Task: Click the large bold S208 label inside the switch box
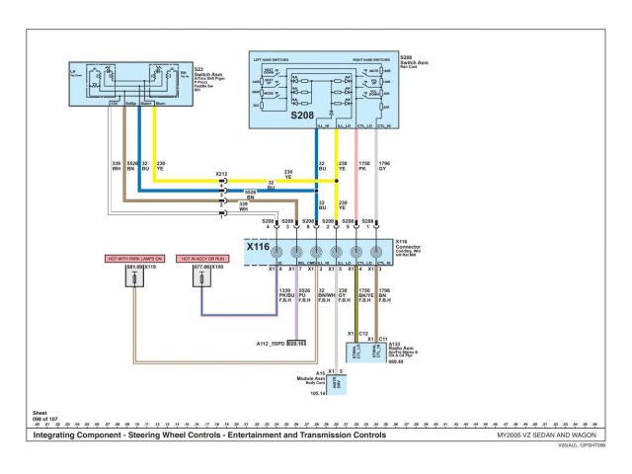pyautogui.click(x=303, y=115)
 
